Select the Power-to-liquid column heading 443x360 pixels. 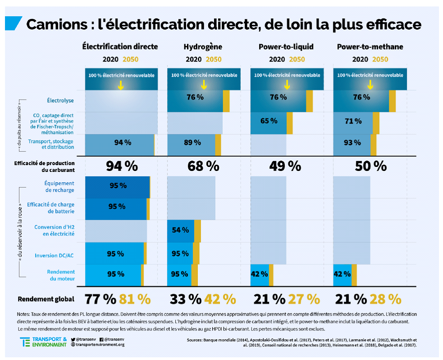point(286,46)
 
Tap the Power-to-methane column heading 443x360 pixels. point(370,46)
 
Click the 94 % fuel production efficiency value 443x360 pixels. point(121,166)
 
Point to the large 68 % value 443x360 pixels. point(203,166)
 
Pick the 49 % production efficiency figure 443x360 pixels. point(285,166)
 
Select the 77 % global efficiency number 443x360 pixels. point(100,299)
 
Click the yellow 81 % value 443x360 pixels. point(135,299)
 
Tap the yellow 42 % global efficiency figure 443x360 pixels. point(220,299)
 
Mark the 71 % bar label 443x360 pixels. point(353,121)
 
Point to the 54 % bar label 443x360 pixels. point(180,230)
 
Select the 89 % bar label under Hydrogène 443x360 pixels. point(193,143)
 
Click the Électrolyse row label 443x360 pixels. point(61,100)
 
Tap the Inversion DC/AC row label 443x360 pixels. point(54,256)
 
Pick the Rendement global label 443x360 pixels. point(46,299)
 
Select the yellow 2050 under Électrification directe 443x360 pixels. point(131,59)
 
